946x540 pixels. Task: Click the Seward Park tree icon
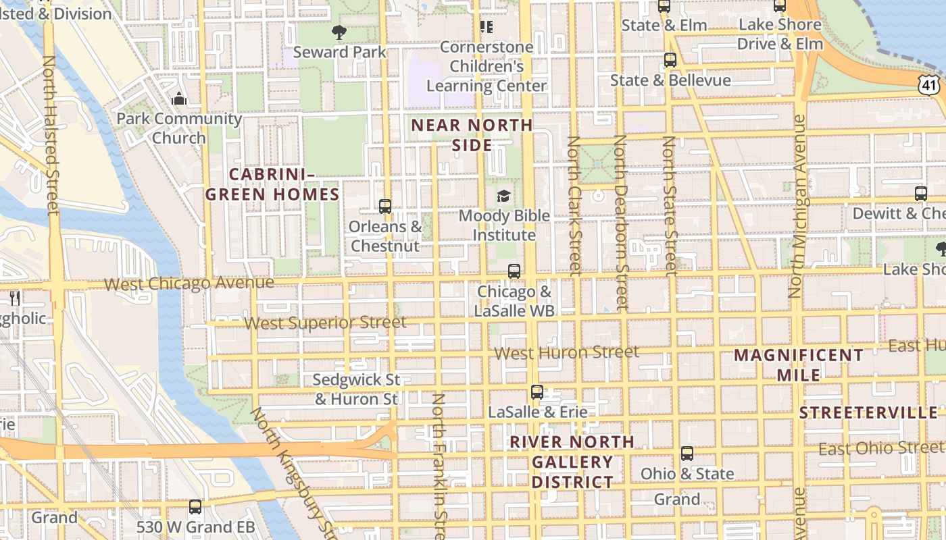[x=339, y=32]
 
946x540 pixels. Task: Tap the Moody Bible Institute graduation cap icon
[x=503, y=196]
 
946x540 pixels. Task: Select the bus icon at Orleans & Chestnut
[x=385, y=207]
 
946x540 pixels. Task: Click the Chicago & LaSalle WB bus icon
[x=514, y=271]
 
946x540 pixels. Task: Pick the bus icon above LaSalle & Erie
[x=537, y=391]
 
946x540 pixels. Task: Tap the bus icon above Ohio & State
[x=687, y=454]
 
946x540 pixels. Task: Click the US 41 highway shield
[x=928, y=84]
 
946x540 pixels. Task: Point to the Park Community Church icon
[x=178, y=99]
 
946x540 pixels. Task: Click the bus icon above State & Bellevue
[x=670, y=60]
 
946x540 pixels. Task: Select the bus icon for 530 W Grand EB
[x=195, y=506]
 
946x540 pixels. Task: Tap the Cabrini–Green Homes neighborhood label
[x=272, y=184]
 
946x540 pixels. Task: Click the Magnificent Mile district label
[x=799, y=364]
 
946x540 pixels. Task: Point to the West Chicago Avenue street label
[x=189, y=283]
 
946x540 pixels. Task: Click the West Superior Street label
[x=325, y=323]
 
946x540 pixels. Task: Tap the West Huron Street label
[x=566, y=352]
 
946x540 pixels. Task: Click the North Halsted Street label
[x=51, y=135]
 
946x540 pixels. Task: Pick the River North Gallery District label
[x=572, y=462]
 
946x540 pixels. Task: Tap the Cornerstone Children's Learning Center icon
[x=486, y=27]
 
